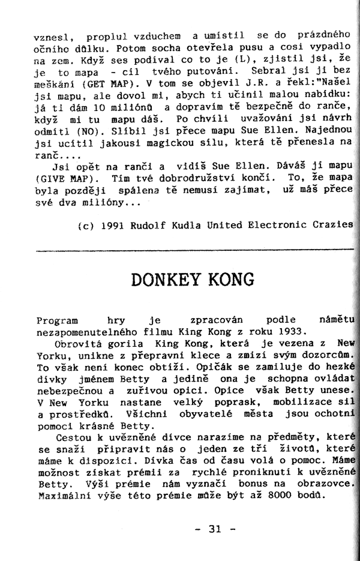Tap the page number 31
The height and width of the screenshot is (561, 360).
point(215,529)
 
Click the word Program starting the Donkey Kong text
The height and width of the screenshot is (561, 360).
point(54,320)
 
